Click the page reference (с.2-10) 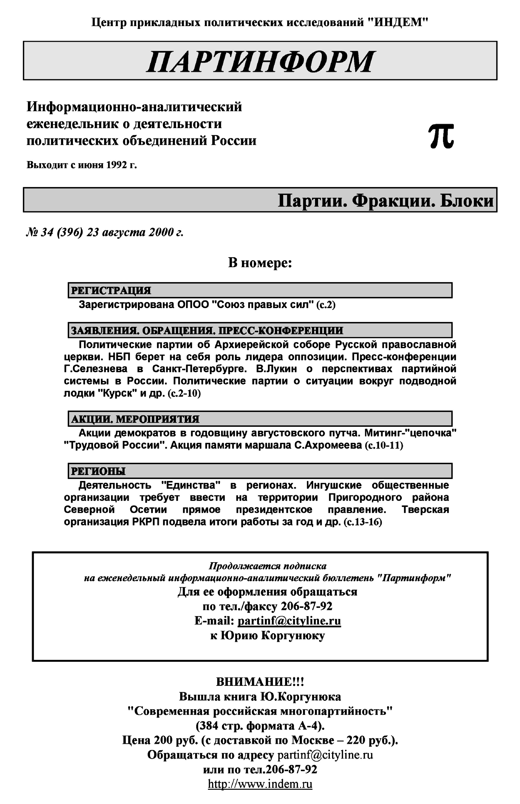click(x=184, y=394)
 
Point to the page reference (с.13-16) click(x=363, y=522)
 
